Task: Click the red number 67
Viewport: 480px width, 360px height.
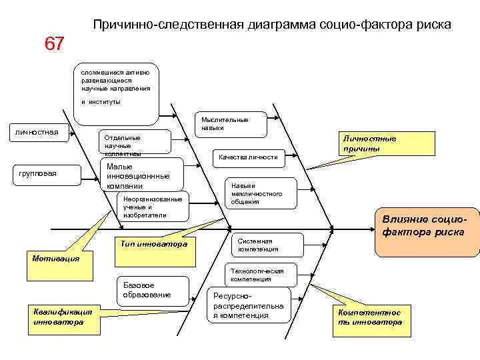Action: click(x=55, y=44)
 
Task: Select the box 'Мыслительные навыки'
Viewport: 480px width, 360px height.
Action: click(x=230, y=123)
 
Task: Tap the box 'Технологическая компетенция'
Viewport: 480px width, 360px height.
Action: click(x=257, y=275)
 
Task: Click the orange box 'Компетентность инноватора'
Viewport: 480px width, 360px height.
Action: click(x=371, y=317)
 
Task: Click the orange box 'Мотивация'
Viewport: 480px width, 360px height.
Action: click(x=56, y=258)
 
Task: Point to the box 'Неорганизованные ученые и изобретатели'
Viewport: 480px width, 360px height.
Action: click(x=151, y=207)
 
